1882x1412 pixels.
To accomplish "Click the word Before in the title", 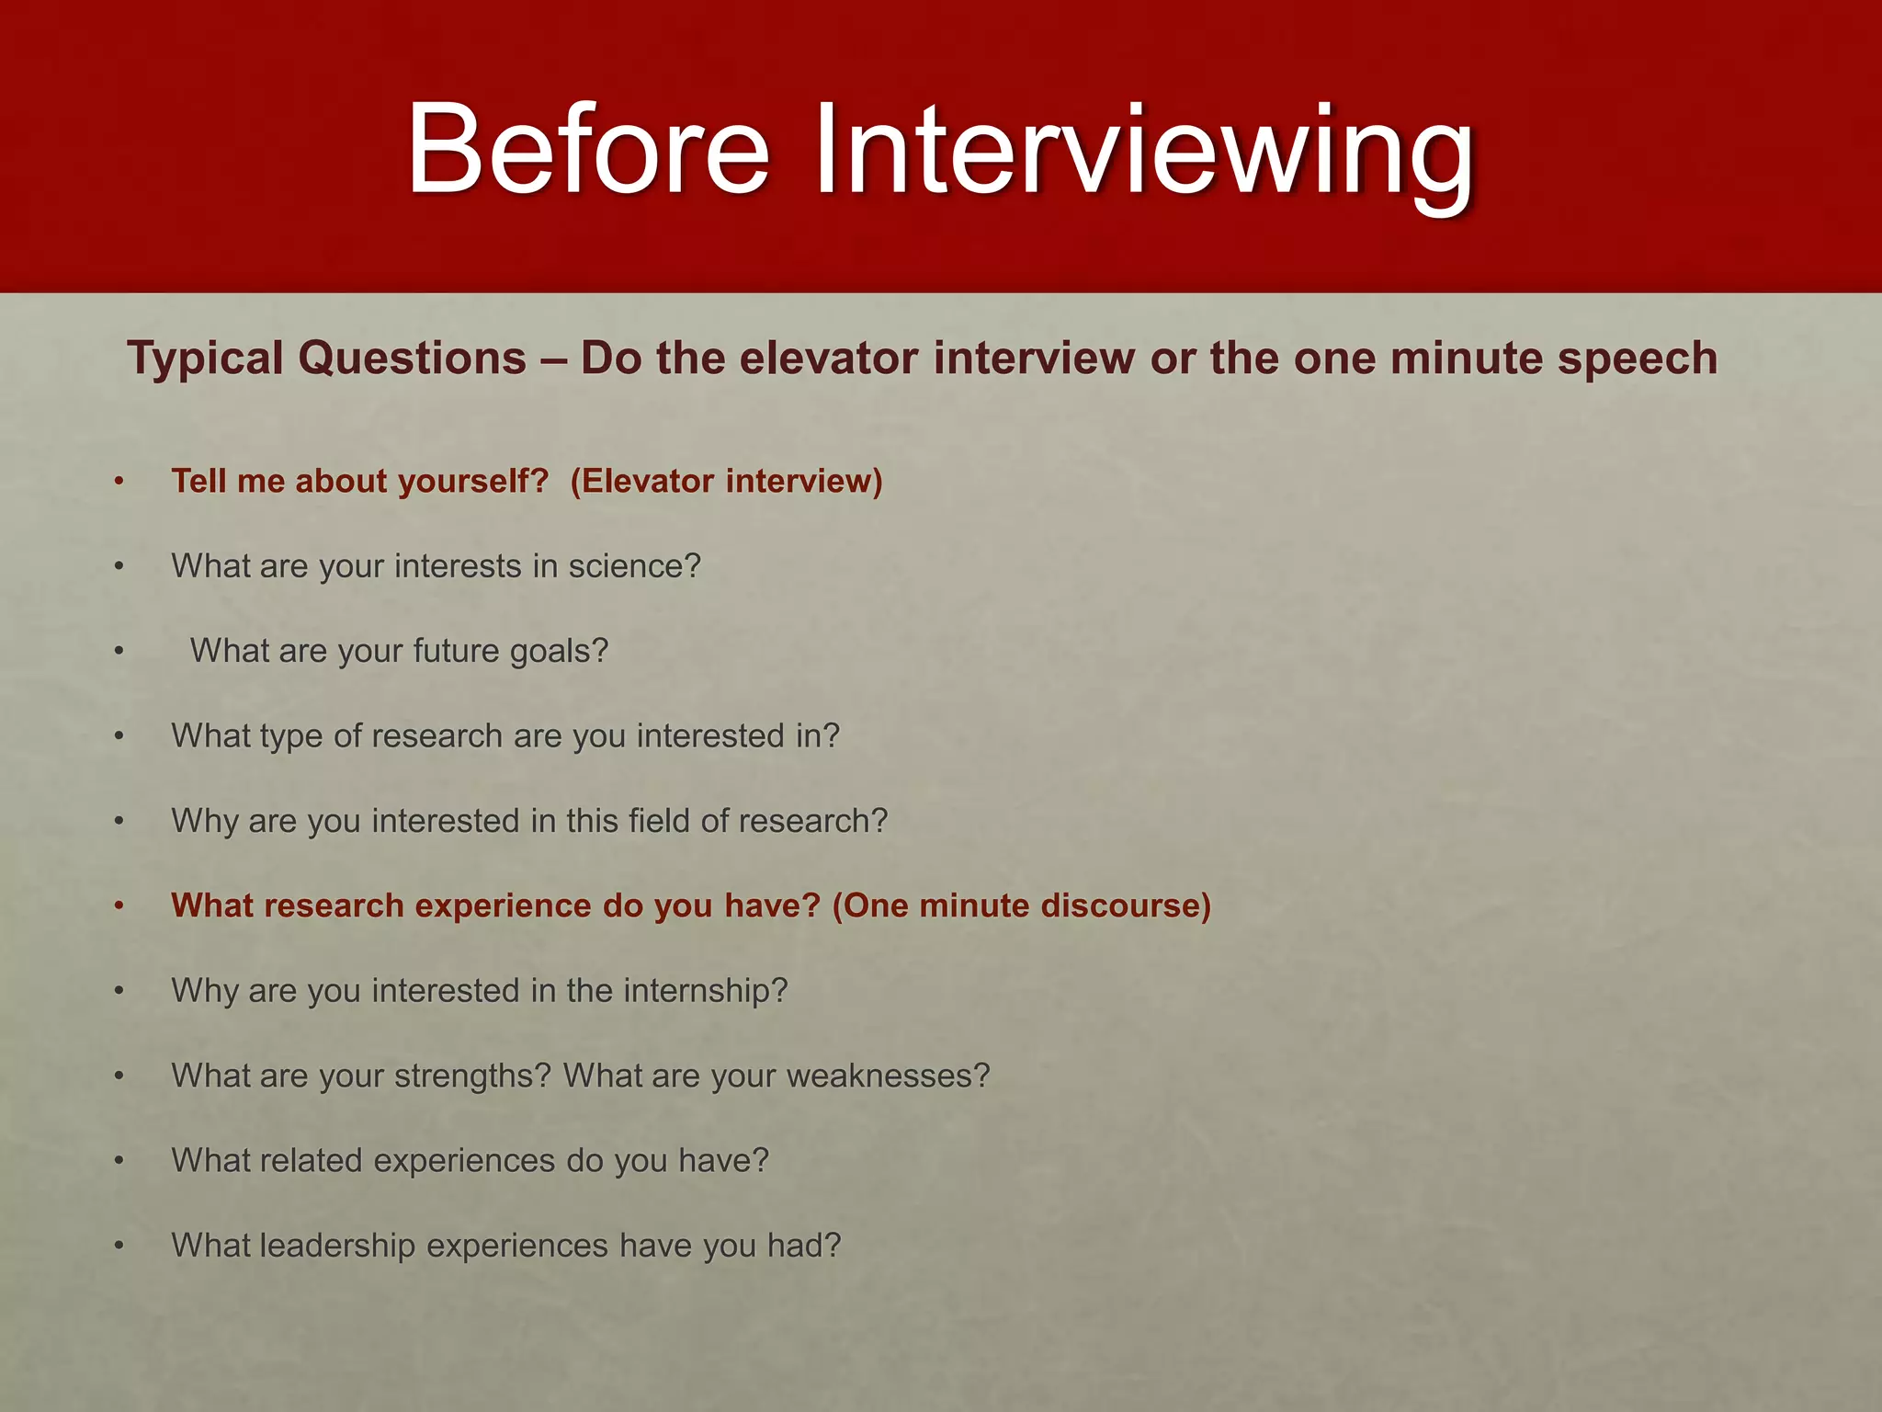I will [588, 149].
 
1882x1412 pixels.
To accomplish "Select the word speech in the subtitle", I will [1638, 359].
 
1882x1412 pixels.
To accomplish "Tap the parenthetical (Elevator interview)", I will [726, 482].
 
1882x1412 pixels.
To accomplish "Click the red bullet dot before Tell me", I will [119, 481].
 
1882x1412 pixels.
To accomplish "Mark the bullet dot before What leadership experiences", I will [119, 1247].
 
